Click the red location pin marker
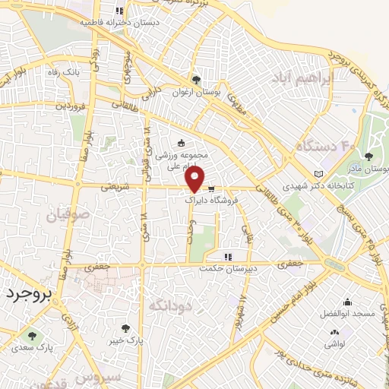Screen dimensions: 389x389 195,180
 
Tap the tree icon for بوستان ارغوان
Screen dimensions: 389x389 196,80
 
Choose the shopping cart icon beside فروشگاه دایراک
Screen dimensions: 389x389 211,189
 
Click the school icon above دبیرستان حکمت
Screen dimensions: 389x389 226,256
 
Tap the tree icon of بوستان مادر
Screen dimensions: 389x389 368,157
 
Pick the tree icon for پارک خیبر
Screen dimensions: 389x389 125,329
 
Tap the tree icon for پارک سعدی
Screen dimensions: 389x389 31,334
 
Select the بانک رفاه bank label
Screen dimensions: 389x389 63,71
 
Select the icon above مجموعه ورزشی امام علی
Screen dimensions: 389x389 180,143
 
